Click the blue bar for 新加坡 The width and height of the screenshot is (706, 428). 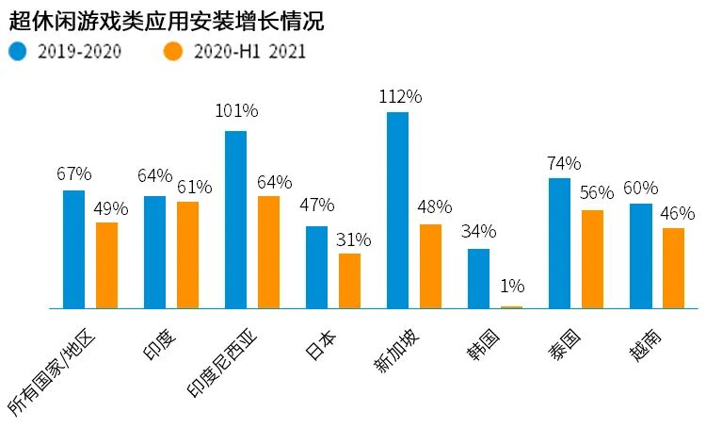[397, 210]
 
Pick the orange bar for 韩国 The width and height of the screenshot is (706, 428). [511, 306]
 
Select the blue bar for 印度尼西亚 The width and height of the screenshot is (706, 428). [235, 220]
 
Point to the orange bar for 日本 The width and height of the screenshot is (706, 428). [349, 281]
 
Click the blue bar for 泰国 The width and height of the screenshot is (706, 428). [559, 243]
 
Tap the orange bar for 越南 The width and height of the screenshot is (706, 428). [673, 268]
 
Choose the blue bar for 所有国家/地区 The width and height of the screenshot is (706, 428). [73, 249]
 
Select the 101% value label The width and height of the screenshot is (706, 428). [235, 111]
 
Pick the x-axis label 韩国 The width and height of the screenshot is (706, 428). [489, 345]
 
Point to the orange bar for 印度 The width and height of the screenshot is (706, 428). [187, 255]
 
